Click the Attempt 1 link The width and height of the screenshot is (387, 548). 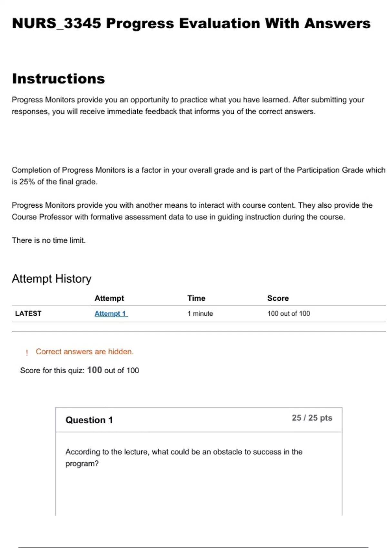pyautogui.click(x=111, y=314)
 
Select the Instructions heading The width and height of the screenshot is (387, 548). pyautogui.click(x=58, y=79)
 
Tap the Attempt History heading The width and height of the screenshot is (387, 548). pyautogui.click(x=52, y=279)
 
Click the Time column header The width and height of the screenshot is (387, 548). pyautogui.click(x=196, y=298)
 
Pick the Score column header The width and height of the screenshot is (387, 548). pyautogui.click(x=278, y=298)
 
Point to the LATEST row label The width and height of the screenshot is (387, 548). pyautogui.click(x=28, y=314)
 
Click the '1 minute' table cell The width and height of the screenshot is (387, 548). pyautogui.click(x=200, y=314)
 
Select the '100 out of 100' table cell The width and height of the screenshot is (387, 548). pyautogui.click(x=288, y=314)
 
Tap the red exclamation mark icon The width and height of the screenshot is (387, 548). pyautogui.click(x=27, y=352)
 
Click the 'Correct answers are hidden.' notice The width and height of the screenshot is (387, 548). pyautogui.click(x=84, y=352)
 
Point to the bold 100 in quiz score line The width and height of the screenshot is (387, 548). pyautogui.click(x=94, y=370)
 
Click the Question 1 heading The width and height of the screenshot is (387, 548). pyautogui.click(x=89, y=420)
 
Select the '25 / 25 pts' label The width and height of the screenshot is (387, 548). pyautogui.click(x=312, y=418)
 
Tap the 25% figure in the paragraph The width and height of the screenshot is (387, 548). pyautogui.click(x=27, y=182)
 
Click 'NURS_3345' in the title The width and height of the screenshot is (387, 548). pyautogui.click(x=56, y=24)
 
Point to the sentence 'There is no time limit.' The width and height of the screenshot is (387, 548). pyautogui.click(x=49, y=240)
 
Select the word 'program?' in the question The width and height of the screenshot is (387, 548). pyautogui.click(x=82, y=464)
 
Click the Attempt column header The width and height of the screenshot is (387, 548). pyautogui.click(x=109, y=298)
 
